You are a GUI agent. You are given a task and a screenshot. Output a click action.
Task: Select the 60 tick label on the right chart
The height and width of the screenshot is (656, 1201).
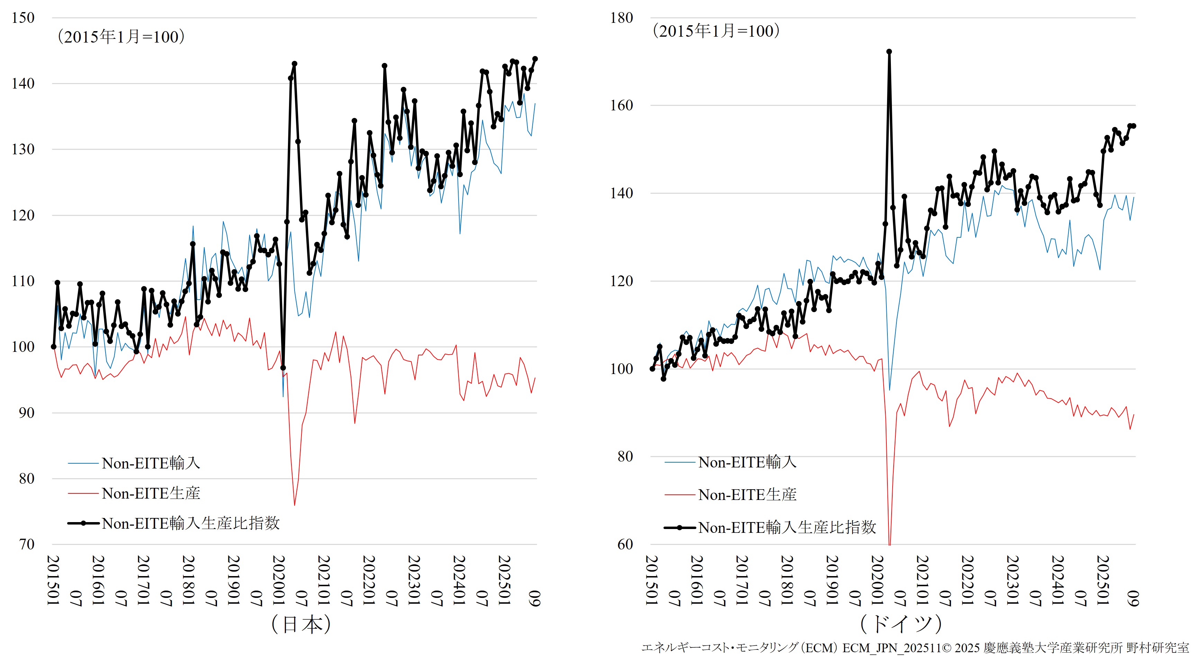[625, 544]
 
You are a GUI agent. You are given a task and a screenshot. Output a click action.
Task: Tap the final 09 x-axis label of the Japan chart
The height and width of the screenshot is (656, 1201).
[535, 598]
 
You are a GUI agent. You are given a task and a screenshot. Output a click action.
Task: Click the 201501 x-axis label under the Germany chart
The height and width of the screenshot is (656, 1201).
[652, 580]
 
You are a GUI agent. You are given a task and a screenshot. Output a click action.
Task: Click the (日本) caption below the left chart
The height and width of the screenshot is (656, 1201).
[301, 624]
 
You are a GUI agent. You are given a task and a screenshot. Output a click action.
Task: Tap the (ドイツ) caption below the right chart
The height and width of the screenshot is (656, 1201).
[901, 624]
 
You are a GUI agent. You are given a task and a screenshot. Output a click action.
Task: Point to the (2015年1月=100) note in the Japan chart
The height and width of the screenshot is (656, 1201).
[121, 37]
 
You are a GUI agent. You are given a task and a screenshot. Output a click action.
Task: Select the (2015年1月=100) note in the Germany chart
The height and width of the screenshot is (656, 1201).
[716, 31]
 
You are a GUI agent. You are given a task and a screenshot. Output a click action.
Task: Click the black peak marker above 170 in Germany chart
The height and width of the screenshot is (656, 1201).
[889, 52]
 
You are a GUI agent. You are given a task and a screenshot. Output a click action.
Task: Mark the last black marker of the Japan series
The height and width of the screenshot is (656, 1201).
[535, 59]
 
